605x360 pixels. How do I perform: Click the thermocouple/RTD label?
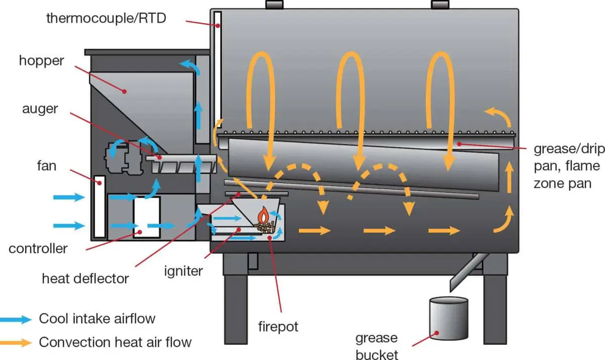click(x=106, y=18)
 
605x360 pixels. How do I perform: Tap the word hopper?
click(x=42, y=61)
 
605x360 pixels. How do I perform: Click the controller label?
click(x=38, y=248)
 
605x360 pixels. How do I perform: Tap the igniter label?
click(x=183, y=271)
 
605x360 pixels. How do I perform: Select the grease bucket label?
click(x=376, y=345)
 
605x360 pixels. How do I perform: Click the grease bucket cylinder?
click(x=448, y=318)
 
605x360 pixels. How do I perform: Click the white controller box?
click(x=146, y=217)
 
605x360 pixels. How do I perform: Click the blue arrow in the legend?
click(x=15, y=319)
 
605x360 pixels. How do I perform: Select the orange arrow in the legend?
click(x=15, y=342)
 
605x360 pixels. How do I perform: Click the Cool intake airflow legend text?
click(x=97, y=319)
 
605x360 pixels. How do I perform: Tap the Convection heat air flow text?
click(x=115, y=342)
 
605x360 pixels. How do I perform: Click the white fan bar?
click(x=100, y=207)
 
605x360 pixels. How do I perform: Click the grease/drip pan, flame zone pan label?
click(x=567, y=166)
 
